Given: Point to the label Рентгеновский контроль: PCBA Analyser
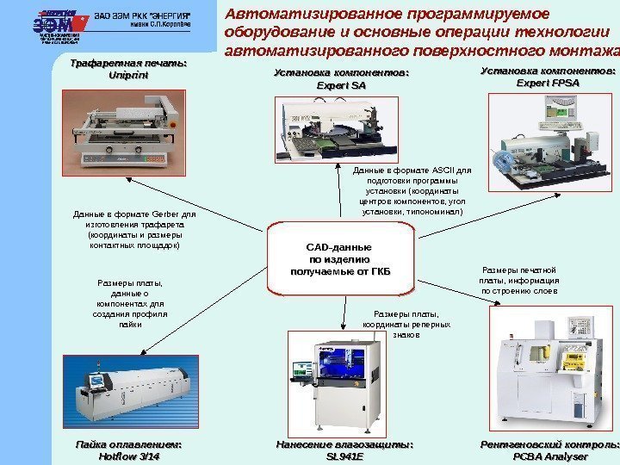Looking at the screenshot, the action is (549, 449).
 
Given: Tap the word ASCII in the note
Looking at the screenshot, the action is (435, 170).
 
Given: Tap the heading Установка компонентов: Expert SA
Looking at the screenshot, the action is (341, 79).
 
